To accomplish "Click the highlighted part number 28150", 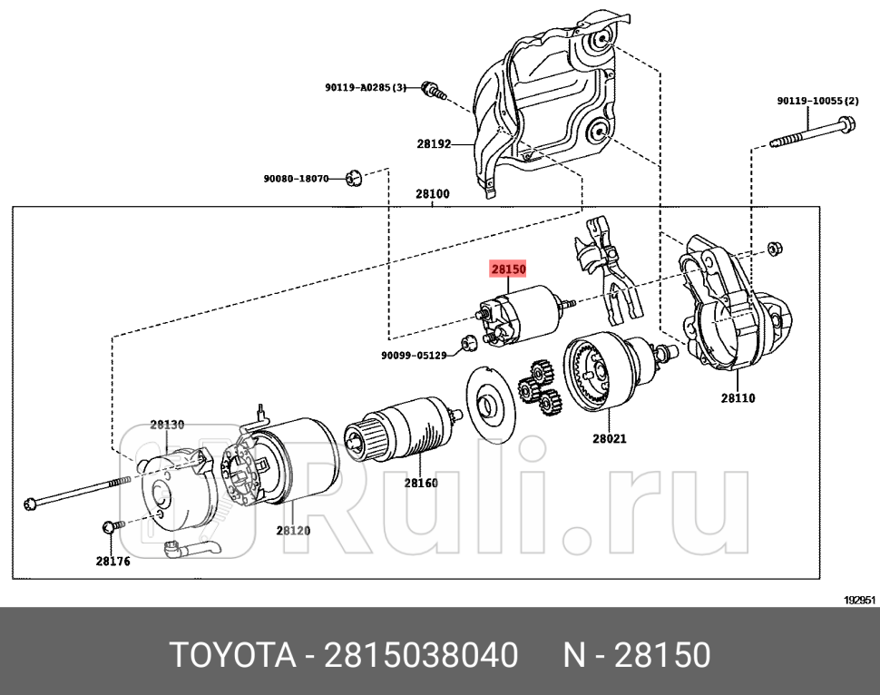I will (x=507, y=269).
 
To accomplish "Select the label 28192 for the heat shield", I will (x=434, y=143).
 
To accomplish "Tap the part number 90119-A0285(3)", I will (x=366, y=88).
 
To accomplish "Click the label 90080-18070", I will (x=296, y=179).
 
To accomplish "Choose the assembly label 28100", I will (x=433, y=193).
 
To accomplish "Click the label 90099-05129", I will (x=414, y=355).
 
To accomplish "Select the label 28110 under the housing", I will (x=738, y=397).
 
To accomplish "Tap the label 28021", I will (x=609, y=438).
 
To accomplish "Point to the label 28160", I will (x=421, y=483).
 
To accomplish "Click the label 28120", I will (x=293, y=530).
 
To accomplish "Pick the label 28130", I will (x=167, y=424).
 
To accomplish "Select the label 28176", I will (x=112, y=561).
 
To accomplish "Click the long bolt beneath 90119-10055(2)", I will (x=811, y=132).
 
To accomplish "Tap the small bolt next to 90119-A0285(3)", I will (x=435, y=90).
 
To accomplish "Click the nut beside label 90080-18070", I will (x=355, y=177).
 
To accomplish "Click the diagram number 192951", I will (x=859, y=600).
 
